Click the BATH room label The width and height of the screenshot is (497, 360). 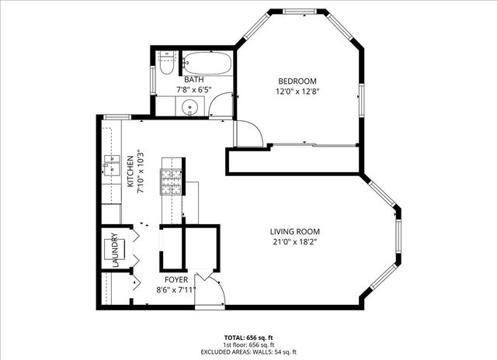[193, 79]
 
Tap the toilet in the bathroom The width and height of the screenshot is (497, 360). [165, 65]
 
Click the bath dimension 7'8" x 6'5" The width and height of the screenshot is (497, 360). [193, 90]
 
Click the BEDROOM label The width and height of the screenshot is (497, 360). [297, 81]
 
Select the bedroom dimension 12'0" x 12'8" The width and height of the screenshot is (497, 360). [297, 92]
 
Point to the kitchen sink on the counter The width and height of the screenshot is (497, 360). [108, 165]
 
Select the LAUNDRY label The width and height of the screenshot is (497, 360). [114, 250]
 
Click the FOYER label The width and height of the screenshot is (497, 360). [174, 279]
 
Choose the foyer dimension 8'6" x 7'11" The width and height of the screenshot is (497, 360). [175, 290]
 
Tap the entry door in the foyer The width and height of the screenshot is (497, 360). [210, 291]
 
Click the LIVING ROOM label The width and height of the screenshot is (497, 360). [294, 231]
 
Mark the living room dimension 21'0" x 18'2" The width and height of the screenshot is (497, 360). [294, 242]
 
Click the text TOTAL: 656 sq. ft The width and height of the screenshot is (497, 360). [248, 337]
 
